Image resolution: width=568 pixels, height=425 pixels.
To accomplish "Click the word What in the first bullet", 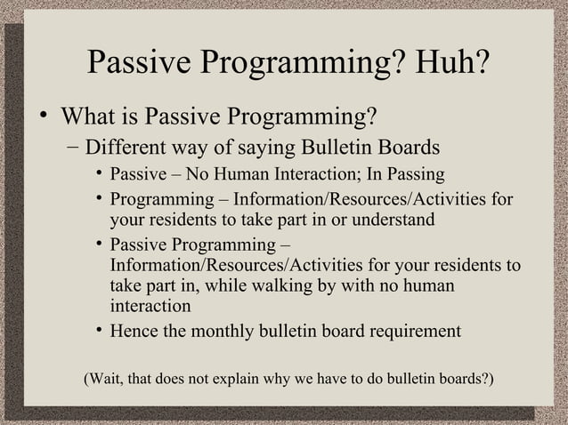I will click(x=87, y=117).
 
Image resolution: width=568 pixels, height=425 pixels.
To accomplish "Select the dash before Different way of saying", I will click(x=71, y=146).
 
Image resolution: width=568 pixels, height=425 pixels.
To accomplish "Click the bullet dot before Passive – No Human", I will click(x=100, y=174).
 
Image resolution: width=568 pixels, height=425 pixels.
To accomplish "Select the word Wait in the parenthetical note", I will click(x=105, y=380).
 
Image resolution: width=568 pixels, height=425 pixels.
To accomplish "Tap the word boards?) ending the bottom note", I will click(x=467, y=380).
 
